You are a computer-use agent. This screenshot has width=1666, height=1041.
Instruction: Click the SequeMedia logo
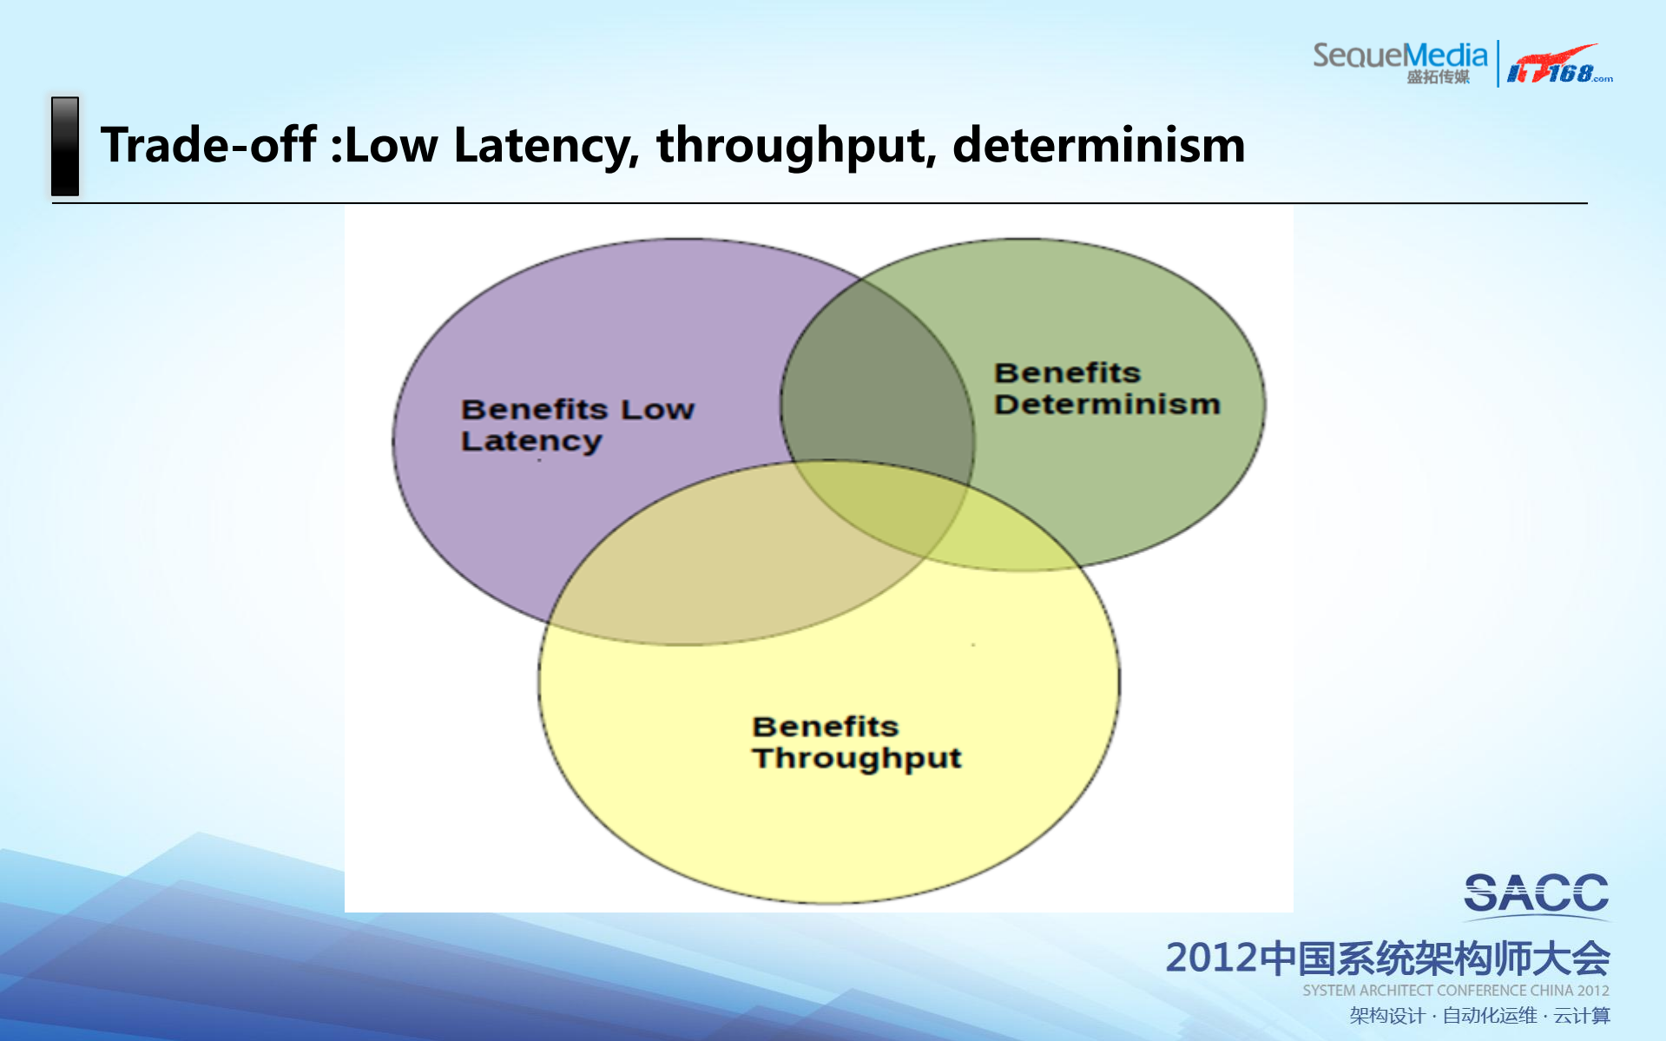[x=1399, y=63]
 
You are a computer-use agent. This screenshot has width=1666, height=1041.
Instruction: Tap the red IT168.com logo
[x=1559, y=64]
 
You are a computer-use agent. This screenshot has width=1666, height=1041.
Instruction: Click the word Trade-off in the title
[x=208, y=144]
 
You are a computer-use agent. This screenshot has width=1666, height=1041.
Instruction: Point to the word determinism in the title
[x=1098, y=144]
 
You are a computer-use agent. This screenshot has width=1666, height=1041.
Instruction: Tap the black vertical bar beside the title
[x=65, y=146]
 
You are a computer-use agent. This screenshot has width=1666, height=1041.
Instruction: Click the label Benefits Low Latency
[x=577, y=425]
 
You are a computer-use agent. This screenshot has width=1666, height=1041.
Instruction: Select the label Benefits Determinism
[x=1107, y=388]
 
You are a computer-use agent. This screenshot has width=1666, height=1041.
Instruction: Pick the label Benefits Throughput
[x=857, y=742]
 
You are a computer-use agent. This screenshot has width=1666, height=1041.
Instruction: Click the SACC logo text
[x=1536, y=893]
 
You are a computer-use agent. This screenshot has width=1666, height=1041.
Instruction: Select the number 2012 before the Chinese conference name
[x=1211, y=958]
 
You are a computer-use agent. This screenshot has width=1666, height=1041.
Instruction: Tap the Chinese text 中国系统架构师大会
[x=1433, y=958]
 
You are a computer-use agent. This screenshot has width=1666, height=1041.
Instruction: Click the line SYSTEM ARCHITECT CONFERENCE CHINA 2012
[x=1455, y=991]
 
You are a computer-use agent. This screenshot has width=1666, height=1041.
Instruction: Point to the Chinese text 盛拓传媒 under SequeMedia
[x=1438, y=77]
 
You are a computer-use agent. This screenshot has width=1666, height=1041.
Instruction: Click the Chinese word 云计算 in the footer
[x=1582, y=1016]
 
